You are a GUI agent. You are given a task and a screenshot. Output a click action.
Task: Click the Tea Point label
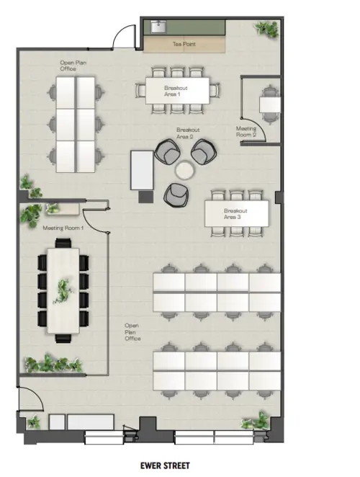coord(184,45)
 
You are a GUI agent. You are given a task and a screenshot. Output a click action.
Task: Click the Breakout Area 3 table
coord(237,213)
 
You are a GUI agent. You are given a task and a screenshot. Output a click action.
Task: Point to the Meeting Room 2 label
coord(246,132)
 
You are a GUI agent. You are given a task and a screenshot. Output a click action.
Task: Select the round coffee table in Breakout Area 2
coord(186,170)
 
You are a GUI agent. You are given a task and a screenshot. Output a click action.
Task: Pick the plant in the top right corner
coord(266,29)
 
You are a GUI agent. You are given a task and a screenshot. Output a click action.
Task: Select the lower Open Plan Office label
coord(132,331)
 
